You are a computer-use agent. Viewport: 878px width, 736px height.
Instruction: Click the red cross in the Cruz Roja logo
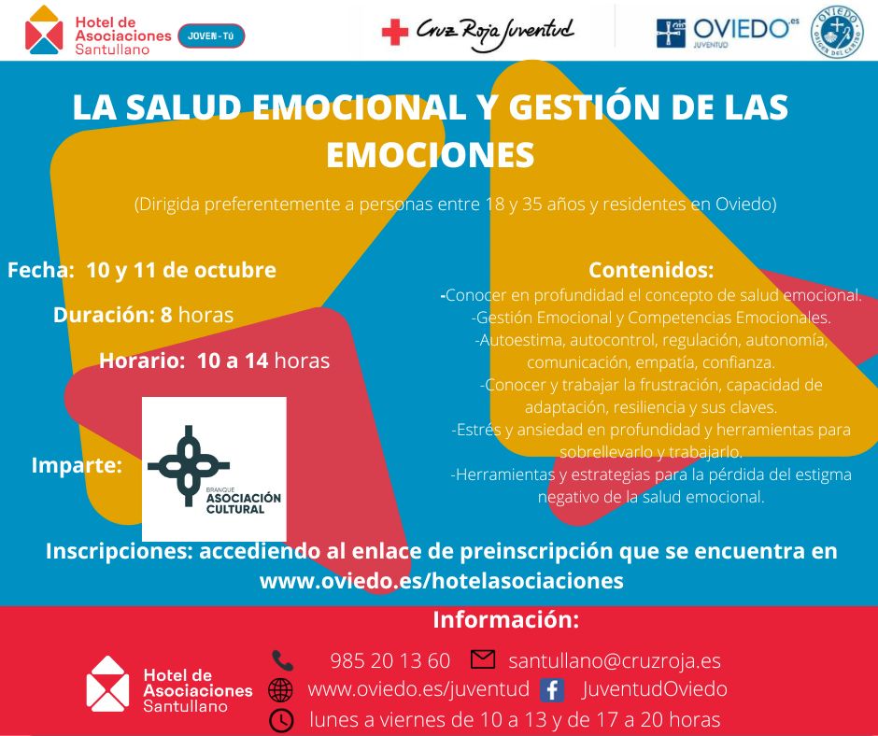[395, 33]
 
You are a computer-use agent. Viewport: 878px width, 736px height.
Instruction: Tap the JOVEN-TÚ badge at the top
[210, 35]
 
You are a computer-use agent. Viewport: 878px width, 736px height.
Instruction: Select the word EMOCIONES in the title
[430, 155]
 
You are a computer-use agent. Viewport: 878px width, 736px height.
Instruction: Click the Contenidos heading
[651, 270]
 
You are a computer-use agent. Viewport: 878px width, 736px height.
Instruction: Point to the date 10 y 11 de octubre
[181, 270]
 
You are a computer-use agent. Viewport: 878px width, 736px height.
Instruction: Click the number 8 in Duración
[166, 315]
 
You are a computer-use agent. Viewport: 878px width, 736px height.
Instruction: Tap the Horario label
[145, 360]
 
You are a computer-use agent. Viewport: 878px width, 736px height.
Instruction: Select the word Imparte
[77, 464]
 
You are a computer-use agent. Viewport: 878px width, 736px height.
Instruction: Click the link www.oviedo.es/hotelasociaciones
[441, 581]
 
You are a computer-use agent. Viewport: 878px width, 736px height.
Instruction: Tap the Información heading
[505, 620]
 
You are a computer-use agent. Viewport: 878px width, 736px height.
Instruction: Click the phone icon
[282, 660]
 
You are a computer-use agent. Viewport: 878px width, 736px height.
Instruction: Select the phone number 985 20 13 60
[389, 660]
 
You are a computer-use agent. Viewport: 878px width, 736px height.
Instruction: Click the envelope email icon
[483, 659]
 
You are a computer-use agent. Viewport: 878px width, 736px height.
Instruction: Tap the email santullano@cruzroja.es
[615, 660]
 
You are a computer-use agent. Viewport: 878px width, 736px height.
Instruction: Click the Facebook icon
[552, 690]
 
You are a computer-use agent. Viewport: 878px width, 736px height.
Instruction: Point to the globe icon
[280, 690]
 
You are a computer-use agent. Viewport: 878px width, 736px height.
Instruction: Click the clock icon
[280, 720]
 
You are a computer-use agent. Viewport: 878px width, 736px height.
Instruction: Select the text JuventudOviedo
[654, 689]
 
